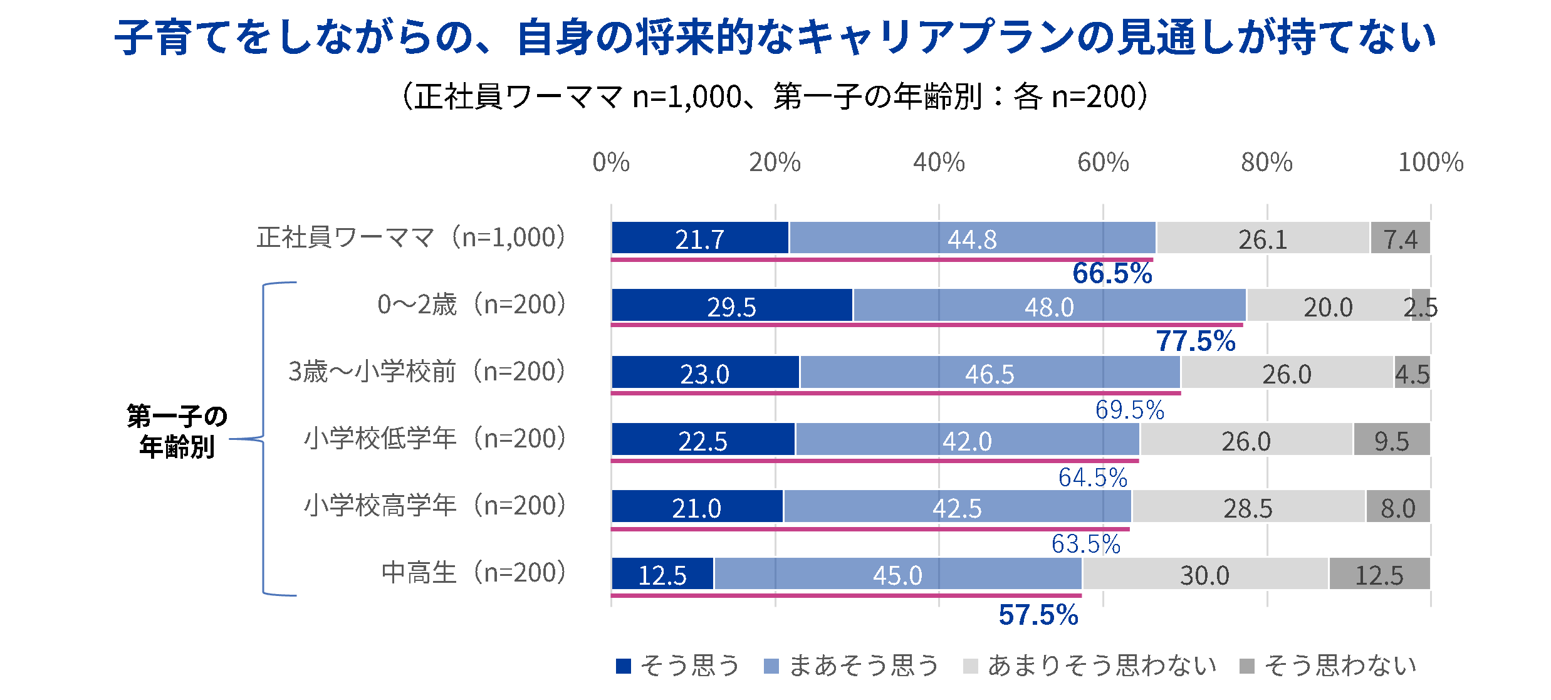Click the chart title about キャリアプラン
775,38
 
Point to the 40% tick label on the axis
939,162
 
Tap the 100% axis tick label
1431,162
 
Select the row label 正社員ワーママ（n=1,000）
411,238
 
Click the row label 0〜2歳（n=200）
471,305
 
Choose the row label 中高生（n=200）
474,573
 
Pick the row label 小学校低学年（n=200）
435,439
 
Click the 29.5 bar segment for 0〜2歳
731,306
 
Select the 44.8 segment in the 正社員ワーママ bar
972,238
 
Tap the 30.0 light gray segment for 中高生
1204,574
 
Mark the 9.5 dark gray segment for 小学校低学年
1391,440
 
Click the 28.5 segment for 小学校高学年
1248,507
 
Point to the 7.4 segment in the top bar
1400,238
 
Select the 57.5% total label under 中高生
1038,615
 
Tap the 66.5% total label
1112,273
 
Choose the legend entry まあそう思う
851,666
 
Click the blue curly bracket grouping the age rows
263,439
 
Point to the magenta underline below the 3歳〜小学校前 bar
896,393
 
